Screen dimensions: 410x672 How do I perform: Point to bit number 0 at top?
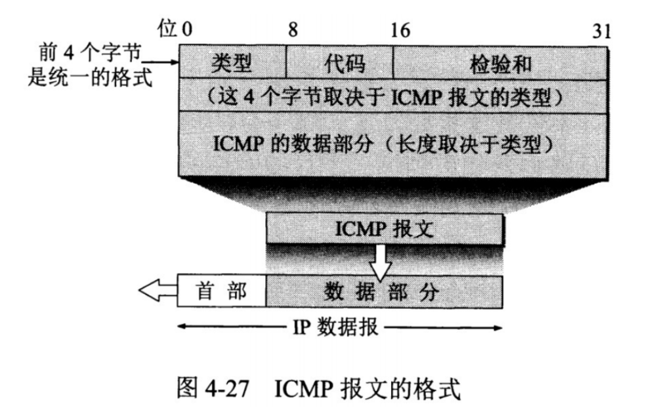tap(187, 30)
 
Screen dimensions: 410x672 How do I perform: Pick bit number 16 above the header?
tap(399, 30)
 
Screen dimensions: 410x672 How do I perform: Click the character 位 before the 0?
tap(169, 29)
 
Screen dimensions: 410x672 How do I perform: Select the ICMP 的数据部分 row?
tap(392, 142)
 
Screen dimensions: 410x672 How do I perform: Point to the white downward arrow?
tap(379, 261)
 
